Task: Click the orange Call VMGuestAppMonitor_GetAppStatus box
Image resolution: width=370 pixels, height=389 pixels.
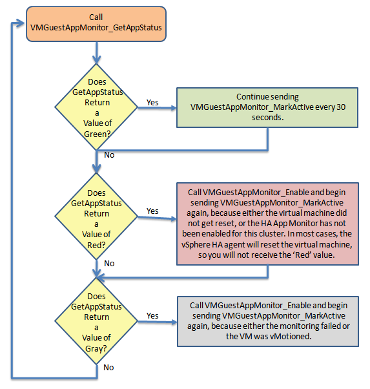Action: (96, 24)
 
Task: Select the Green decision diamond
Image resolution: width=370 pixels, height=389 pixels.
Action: (96, 107)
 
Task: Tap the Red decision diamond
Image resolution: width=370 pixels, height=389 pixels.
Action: (96, 216)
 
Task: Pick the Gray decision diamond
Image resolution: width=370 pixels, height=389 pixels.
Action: (96, 321)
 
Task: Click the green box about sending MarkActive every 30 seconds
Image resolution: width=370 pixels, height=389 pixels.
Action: (267, 107)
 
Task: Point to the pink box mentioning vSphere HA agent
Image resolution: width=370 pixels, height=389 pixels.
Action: (267, 224)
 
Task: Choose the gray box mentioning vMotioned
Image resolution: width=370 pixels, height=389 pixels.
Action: (268, 321)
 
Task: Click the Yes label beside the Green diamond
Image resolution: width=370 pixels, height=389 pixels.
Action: (152, 103)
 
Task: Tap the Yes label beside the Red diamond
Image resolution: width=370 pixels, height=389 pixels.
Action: (152, 211)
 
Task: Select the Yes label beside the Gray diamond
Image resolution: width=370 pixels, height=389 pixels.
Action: (152, 316)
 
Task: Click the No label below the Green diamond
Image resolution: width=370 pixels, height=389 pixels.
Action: (109, 155)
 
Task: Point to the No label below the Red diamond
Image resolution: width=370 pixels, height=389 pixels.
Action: (109, 263)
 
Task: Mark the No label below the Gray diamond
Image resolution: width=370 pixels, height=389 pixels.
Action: (108, 367)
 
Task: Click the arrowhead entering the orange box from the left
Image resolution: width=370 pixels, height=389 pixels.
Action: (21, 23)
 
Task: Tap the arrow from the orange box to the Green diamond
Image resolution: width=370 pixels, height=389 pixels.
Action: (96, 52)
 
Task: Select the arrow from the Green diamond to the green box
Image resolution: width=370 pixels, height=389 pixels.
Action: (157, 108)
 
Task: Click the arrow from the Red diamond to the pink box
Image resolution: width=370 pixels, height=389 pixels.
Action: (157, 218)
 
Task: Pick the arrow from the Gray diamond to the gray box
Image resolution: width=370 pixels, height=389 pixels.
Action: (158, 322)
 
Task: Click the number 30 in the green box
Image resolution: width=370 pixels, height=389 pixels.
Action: (341, 107)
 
